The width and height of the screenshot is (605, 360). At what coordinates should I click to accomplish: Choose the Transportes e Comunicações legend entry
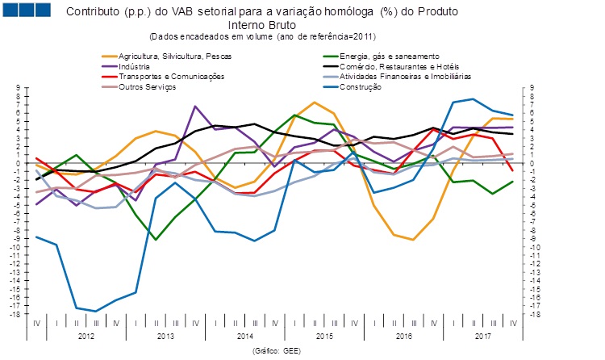pos(172,76)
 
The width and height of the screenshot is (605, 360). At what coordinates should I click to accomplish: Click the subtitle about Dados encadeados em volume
pos(263,36)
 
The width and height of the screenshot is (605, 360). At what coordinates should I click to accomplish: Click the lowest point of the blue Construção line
pos(96,311)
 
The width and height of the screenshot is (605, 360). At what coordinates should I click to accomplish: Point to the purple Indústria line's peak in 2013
pos(195,107)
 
